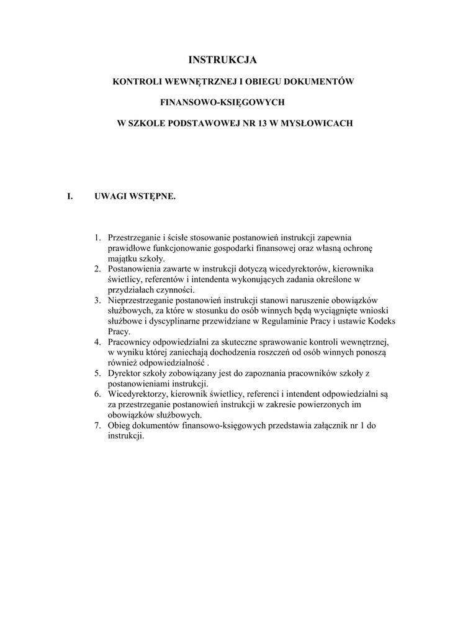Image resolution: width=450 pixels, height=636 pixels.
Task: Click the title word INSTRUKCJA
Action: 222,60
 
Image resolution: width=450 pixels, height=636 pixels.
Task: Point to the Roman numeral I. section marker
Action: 70,197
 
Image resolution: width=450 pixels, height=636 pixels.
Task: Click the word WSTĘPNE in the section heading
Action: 153,197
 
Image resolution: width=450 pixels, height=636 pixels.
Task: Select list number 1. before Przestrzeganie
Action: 97,238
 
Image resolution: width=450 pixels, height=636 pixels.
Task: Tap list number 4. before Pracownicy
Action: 97,342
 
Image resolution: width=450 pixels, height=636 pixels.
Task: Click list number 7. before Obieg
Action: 97,426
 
